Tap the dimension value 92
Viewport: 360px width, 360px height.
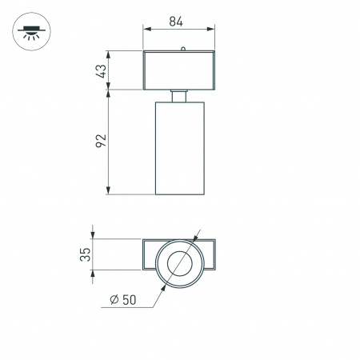coord(99,142)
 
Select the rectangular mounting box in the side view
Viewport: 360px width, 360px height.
coord(181,70)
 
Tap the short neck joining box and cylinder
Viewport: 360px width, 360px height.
coord(181,96)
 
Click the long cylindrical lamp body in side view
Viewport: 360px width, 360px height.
coord(181,148)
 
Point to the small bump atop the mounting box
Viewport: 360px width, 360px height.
coord(183,50)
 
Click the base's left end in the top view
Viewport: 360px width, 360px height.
coord(150,255)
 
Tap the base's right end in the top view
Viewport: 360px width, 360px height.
coord(210,255)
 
